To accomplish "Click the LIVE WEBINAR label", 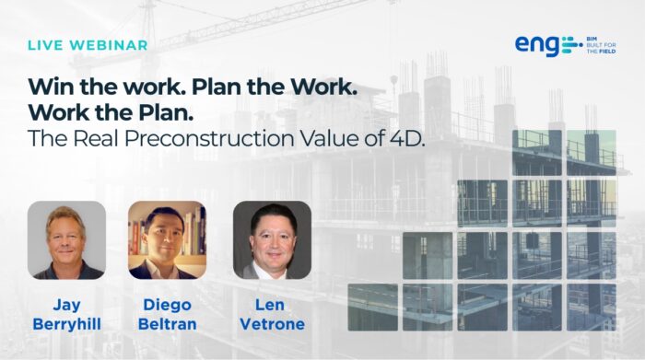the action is [88, 45].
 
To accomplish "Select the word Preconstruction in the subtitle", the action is [209, 138].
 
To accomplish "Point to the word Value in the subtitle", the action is [330, 138].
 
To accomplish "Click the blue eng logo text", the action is [537, 45].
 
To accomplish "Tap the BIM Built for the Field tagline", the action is [601, 45].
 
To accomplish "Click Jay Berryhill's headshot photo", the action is [66, 240].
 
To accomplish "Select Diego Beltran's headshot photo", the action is [167, 240].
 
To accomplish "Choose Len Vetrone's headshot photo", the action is [273, 240].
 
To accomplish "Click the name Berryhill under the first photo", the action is [67, 324].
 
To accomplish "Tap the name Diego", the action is [167, 305].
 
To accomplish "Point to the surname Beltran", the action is [167, 324].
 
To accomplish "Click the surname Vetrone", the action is [273, 324].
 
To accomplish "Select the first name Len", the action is [270, 305].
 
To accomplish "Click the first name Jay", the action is [67, 306].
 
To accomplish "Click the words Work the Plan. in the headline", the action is [111, 113].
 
